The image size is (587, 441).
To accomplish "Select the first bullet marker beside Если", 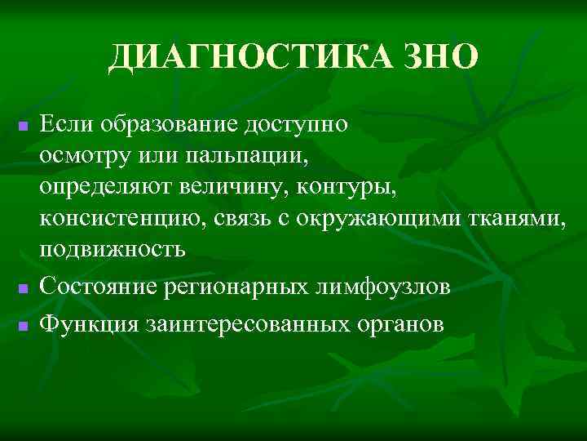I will coord(24,127).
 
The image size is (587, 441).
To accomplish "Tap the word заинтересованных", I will coord(248,323).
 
